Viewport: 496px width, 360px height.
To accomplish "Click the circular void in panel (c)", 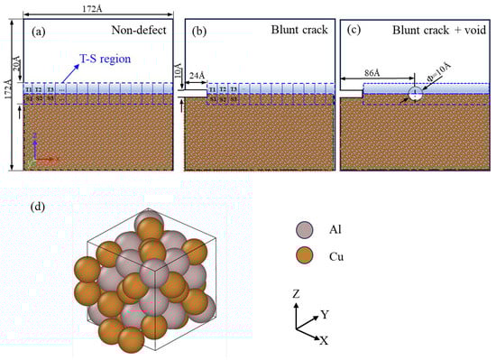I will (x=414, y=93).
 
